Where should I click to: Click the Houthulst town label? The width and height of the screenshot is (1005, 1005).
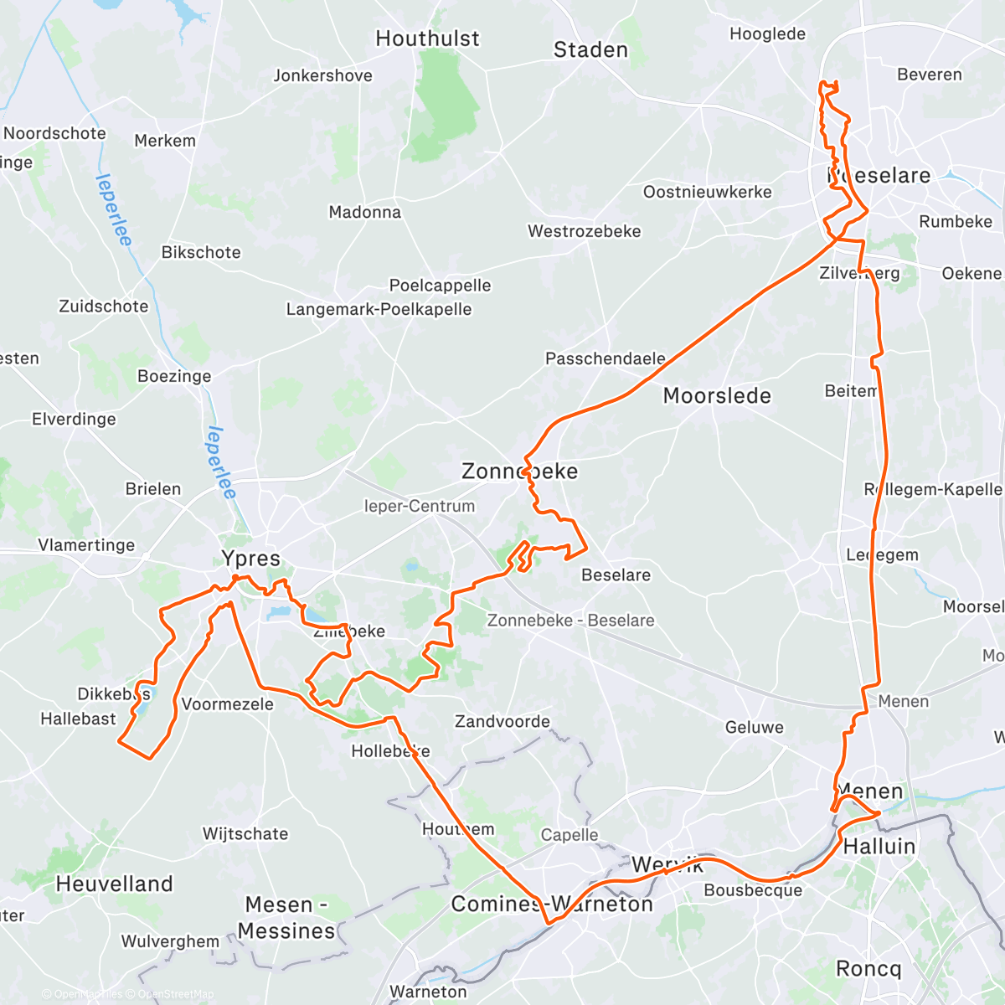click(427, 39)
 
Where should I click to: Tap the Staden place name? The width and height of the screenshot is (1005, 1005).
click(590, 50)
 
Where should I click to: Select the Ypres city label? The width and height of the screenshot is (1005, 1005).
click(250, 559)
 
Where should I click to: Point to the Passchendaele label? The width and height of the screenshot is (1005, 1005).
click(606, 358)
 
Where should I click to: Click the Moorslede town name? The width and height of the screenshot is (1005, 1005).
click(717, 395)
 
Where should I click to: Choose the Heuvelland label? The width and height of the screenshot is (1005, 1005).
click(114, 884)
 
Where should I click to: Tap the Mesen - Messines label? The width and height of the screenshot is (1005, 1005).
click(286, 918)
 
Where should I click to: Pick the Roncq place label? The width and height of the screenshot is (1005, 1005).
click(868, 969)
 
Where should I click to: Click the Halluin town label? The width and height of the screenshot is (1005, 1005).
click(879, 847)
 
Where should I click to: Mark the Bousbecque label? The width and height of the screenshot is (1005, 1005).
click(753, 890)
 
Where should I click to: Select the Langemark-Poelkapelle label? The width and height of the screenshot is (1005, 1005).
click(379, 309)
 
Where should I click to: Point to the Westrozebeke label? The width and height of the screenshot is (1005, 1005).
click(584, 231)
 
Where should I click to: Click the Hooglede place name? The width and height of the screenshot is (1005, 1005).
click(767, 34)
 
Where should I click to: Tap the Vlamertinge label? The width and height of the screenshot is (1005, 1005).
click(86, 545)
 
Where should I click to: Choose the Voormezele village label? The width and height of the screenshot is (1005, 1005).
click(227, 704)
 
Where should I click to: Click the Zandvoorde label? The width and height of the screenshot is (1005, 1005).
click(502, 721)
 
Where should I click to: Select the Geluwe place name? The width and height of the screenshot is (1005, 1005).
click(755, 727)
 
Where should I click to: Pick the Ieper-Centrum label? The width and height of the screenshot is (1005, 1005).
click(419, 506)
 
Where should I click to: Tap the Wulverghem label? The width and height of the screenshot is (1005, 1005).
click(170, 941)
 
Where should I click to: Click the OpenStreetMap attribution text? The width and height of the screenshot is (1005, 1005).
click(175, 995)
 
